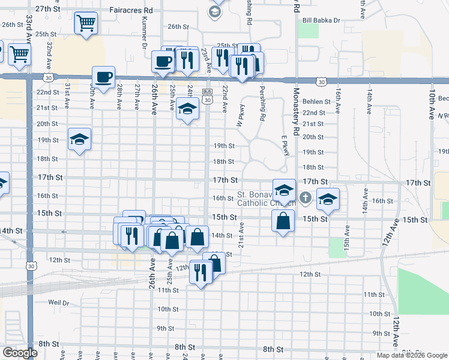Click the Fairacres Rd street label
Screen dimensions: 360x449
(132, 10)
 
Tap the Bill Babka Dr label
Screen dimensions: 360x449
(321, 20)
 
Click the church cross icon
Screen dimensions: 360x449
(306, 197)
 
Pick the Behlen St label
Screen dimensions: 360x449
(316, 102)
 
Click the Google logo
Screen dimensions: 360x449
(20, 352)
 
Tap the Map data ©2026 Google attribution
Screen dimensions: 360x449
(411, 355)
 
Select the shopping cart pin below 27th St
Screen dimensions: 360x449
(86, 23)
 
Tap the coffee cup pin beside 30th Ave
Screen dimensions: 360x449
(103, 76)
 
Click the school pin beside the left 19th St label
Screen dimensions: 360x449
(79, 140)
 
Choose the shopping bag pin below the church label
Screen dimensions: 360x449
(283, 220)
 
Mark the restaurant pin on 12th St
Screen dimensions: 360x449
(200, 273)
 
